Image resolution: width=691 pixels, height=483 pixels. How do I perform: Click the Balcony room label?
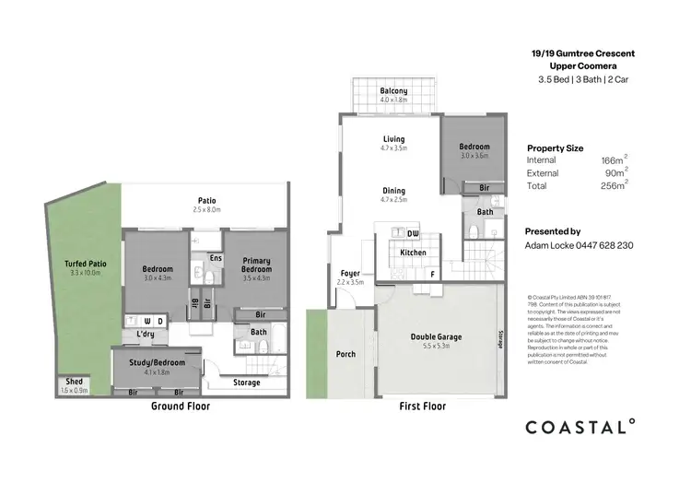click(x=393, y=90)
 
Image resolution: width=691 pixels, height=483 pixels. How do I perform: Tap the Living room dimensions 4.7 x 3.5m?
click(x=393, y=147)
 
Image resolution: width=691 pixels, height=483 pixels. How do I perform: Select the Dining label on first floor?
click(x=393, y=191)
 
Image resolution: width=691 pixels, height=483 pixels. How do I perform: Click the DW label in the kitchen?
click(x=413, y=233)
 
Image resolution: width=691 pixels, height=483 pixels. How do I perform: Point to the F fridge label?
click(x=431, y=274)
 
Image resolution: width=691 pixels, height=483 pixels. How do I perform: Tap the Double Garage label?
click(x=436, y=336)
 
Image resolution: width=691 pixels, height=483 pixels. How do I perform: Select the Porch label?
click(x=345, y=354)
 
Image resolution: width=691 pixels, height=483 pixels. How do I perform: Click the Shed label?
click(x=72, y=381)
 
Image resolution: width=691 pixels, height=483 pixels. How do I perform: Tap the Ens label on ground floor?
click(x=215, y=259)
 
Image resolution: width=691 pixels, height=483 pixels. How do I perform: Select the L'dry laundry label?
click(x=145, y=333)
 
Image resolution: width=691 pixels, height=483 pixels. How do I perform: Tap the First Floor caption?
click(x=422, y=406)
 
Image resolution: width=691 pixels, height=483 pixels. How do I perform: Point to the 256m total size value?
click(x=613, y=185)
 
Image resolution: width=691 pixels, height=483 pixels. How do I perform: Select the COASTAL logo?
click(x=580, y=426)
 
